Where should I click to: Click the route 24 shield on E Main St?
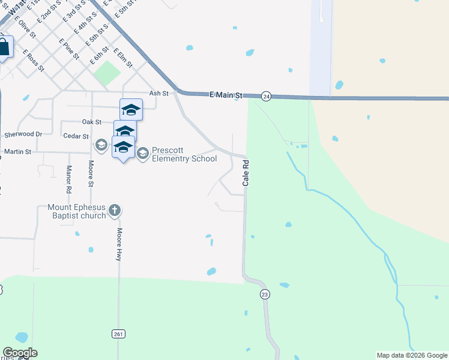(267, 96)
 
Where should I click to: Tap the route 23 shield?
(264, 294)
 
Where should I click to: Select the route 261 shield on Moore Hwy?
(118, 333)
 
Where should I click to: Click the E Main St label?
(226, 95)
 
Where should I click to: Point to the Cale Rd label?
(246, 172)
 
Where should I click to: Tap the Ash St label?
(159, 93)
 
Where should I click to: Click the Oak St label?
(92, 122)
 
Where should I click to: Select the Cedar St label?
(76, 136)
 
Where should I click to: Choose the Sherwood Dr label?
(22, 134)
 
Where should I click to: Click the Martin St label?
(17, 152)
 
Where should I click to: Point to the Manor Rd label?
(69, 179)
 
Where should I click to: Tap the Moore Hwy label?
(119, 244)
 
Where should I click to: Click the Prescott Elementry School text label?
(184, 154)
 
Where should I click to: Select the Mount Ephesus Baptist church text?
(76, 211)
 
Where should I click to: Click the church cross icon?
(115, 211)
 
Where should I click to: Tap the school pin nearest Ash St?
(131, 109)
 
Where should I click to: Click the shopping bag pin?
(4, 48)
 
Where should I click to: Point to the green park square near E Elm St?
(107, 73)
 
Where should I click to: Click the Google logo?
(20, 353)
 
